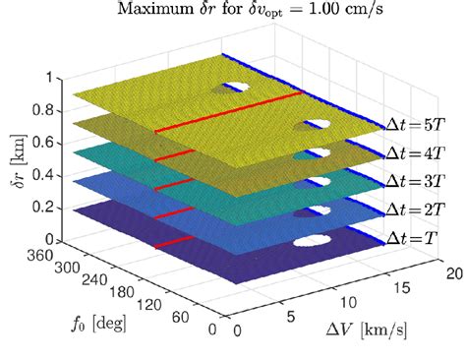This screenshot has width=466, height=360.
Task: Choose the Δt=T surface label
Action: click(416, 237)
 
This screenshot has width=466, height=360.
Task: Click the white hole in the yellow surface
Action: click(238, 87)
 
